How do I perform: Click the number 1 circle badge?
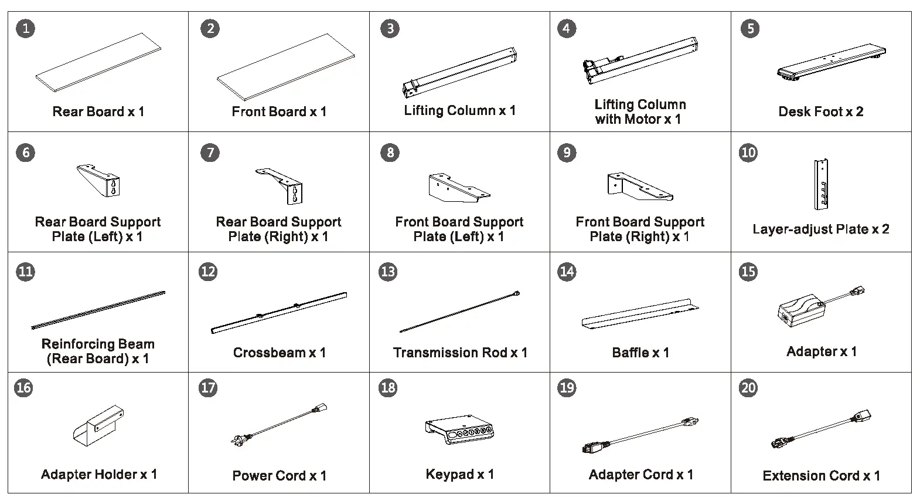click(25, 28)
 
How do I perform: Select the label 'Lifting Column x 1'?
click(459, 110)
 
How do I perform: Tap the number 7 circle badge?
click(210, 153)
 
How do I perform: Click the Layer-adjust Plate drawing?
click(821, 184)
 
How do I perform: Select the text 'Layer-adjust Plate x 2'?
click(820, 229)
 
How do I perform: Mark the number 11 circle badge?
click(25, 272)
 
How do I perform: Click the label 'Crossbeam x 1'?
click(279, 353)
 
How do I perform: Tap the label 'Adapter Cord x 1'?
click(640, 475)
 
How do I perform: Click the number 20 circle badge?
click(748, 388)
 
